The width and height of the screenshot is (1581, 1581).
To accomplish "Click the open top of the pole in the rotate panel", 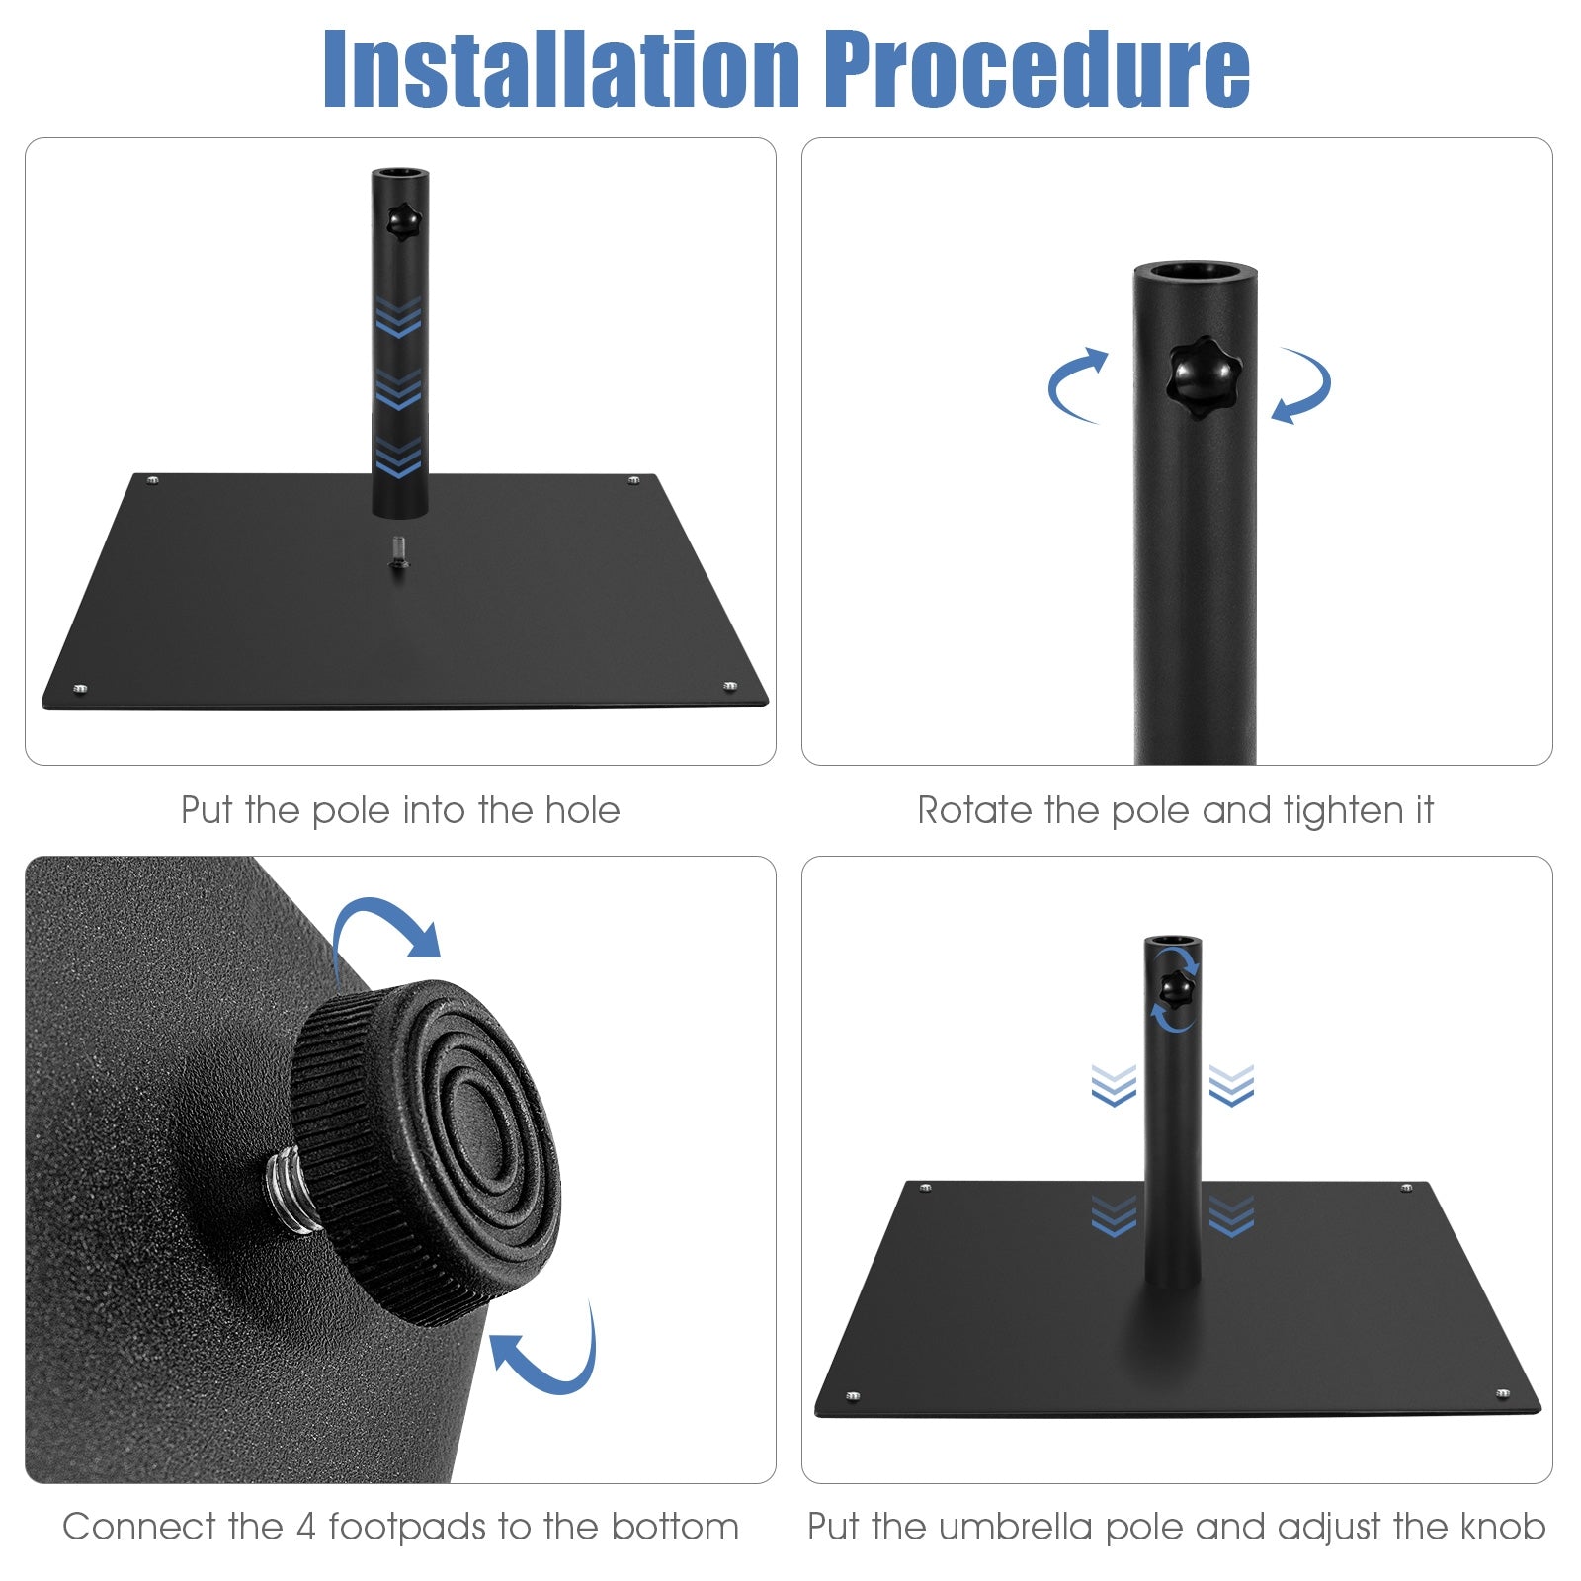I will [1196, 272].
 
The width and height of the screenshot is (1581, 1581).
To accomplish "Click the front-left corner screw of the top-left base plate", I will [80, 688].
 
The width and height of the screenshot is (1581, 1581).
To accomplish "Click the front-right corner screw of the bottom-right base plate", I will [1503, 1393].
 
